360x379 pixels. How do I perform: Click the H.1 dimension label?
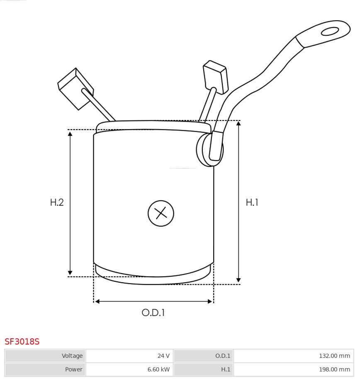[x=252, y=202]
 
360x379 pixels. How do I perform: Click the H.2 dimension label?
[x=57, y=202]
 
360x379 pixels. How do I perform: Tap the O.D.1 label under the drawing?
[x=153, y=313]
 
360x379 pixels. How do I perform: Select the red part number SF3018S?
[x=22, y=342]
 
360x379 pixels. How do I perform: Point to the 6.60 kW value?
[x=158, y=369]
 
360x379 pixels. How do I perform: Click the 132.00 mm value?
[x=334, y=356]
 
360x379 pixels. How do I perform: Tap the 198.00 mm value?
[x=334, y=369]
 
